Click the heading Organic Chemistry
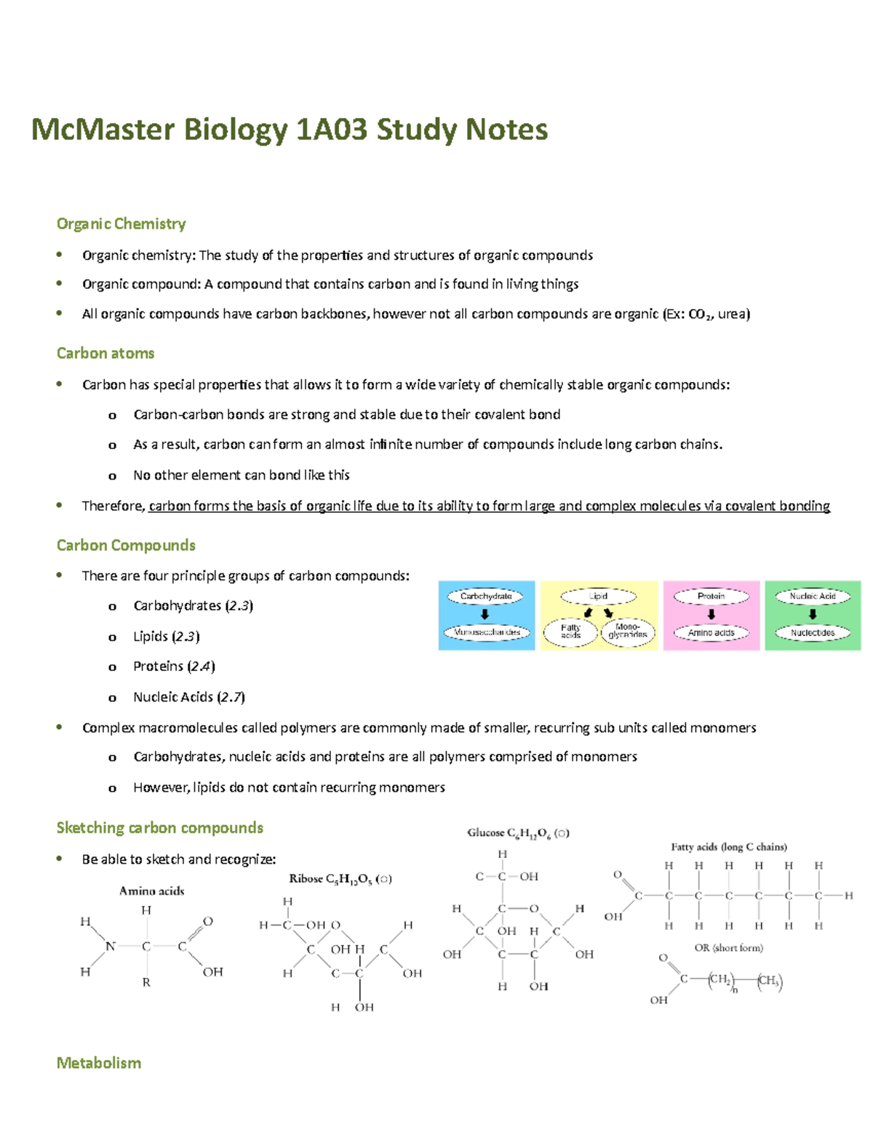tap(121, 224)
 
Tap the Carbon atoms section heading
tap(105, 354)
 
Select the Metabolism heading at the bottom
tap(99, 1063)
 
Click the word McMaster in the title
tap(103, 130)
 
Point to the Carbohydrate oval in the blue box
tap(486, 597)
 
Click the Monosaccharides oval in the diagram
tap(487, 632)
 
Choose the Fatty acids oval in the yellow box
tap(571, 632)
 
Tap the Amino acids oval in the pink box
tap(711, 633)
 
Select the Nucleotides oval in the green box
tap(813, 633)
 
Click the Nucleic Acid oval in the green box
tap(813, 597)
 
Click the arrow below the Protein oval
tap(711, 614)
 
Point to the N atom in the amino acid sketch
tap(111, 947)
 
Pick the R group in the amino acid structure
tap(146, 982)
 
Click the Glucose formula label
tap(518, 833)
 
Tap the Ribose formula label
tap(340, 879)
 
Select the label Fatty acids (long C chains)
tap(729, 847)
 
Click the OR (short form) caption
tap(728, 948)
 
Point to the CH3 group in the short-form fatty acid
tap(769, 981)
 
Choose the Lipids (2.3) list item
tap(166, 637)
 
